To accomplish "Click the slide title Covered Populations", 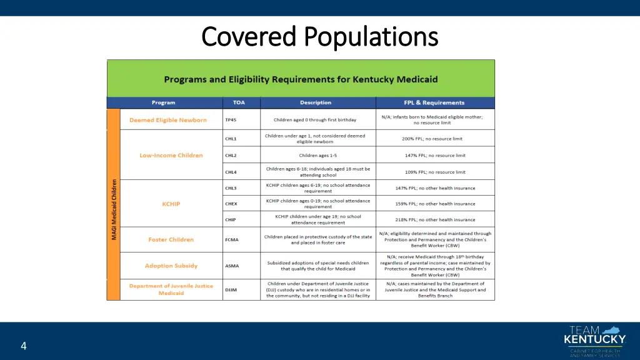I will pyautogui.click(x=320, y=36).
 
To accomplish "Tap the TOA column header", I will pyautogui.click(x=239, y=102).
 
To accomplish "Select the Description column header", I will pyautogui.click(x=316, y=102).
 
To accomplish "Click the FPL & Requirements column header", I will pyautogui.click(x=434, y=102).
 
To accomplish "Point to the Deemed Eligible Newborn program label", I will pyautogui.click(x=168, y=120).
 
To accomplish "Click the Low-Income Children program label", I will pyautogui.click(x=171, y=156).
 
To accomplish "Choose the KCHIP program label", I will pyautogui.click(x=171, y=204).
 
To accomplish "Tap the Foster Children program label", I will pyautogui.click(x=171, y=239).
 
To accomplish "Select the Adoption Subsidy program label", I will pyautogui.click(x=171, y=266).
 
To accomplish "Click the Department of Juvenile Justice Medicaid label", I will pyautogui.click(x=171, y=289).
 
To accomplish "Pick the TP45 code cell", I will pyautogui.click(x=232, y=120).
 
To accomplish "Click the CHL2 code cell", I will pyautogui.click(x=231, y=156).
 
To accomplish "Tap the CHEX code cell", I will pyautogui.click(x=231, y=204).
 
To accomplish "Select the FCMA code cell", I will pyautogui.click(x=232, y=239).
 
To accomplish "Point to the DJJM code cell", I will pyautogui.click(x=231, y=289).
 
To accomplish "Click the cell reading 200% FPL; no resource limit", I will pyautogui.click(x=434, y=139).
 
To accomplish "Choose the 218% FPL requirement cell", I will pyautogui.click(x=435, y=220).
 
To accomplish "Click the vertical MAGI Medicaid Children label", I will pyautogui.click(x=114, y=209).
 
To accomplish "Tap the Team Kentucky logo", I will pyautogui.click(x=594, y=341).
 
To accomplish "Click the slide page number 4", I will pyautogui.click(x=23, y=346).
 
